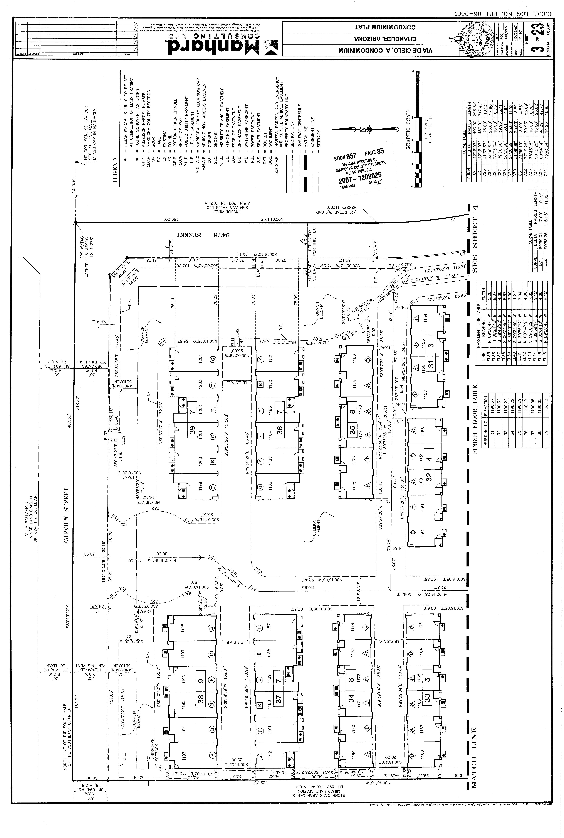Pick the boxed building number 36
pos(279,430)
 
